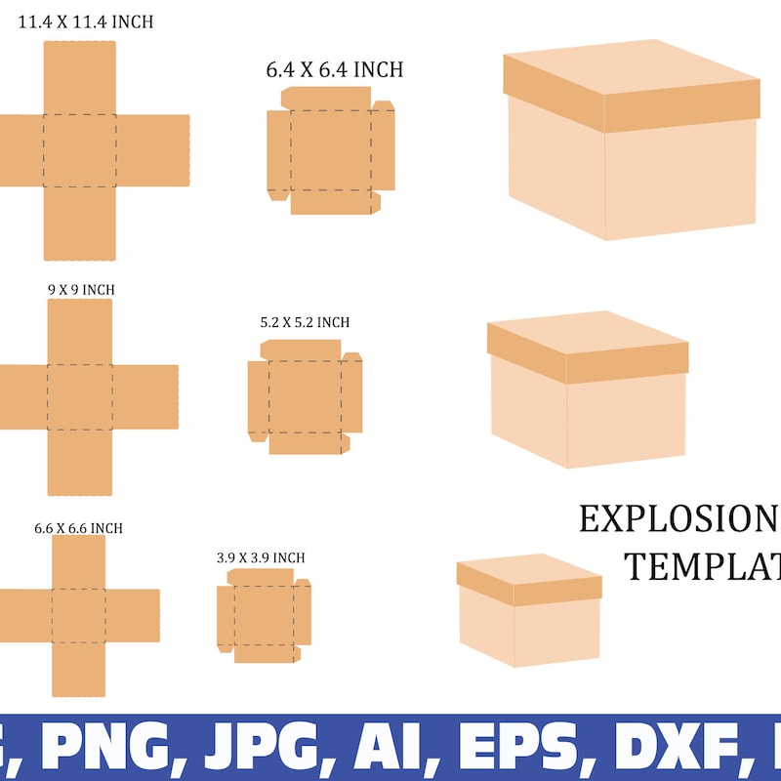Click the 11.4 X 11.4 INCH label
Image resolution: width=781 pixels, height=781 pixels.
pos(86,21)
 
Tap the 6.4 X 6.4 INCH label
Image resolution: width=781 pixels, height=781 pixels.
pos(334,70)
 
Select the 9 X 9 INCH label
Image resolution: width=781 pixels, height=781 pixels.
pos(81,290)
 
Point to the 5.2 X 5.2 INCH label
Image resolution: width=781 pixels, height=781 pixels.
pos(305,322)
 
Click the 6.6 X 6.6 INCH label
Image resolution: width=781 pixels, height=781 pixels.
pos(78,528)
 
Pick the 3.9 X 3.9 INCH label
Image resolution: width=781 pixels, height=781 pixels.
pos(261,557)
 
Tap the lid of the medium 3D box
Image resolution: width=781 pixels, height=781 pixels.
pos(588,346)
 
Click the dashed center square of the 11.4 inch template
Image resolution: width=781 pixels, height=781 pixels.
pos(80,150)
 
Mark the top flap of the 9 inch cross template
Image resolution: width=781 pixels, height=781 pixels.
pos(79,331)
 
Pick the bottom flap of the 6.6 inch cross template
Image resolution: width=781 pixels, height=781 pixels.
pos(78,669)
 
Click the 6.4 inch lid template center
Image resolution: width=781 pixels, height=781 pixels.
pos(330,150)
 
